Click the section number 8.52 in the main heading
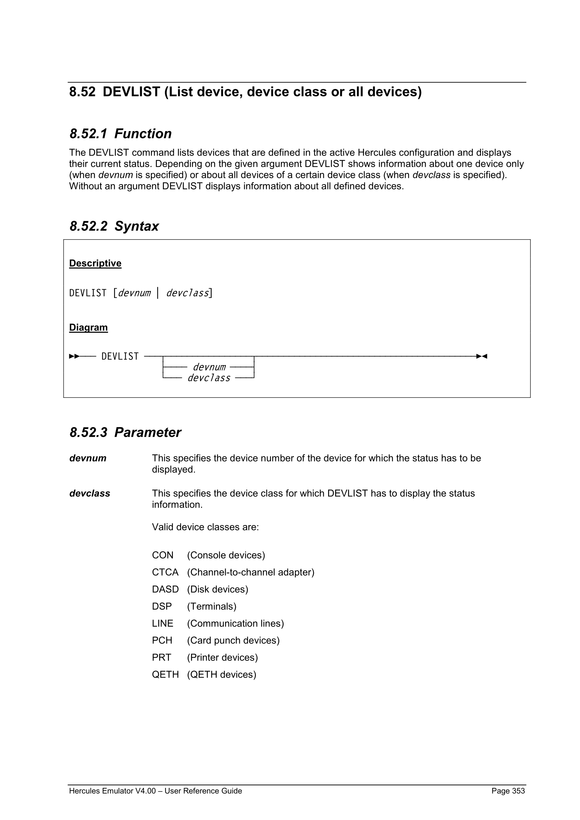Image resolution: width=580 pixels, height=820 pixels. tap(83, 92)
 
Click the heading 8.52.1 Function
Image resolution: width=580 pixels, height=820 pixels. tap(120, 134)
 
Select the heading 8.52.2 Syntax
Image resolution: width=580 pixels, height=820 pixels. tap(114, 226)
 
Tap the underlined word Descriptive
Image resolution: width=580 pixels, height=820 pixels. tap(95, 263)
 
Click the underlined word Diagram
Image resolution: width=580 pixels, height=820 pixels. tap(88, 327)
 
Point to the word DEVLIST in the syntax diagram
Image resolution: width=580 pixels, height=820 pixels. tap(120, 356)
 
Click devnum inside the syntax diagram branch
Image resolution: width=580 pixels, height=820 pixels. tap(209, 367)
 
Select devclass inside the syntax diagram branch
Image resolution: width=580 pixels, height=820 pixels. tap(209, 378)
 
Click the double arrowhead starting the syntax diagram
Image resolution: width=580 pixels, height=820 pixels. tap(74, 356)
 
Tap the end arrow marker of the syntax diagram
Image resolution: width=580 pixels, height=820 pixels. tap(482, 356)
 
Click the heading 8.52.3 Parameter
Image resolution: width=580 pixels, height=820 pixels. tap(125, 432)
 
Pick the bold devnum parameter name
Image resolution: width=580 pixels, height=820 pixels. tap(88, 458)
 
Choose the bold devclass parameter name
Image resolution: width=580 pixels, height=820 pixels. tap(90, 494)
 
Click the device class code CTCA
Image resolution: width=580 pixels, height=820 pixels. tap(165, 573)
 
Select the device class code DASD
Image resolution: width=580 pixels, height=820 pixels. tap(165, 589)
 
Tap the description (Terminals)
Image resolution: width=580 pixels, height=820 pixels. tap(212, 606)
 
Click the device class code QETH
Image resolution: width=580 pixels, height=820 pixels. tap(165, 675)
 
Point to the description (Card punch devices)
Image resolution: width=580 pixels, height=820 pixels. tap(233, 640)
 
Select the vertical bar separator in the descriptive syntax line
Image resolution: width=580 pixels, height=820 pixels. tap(158, 293)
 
